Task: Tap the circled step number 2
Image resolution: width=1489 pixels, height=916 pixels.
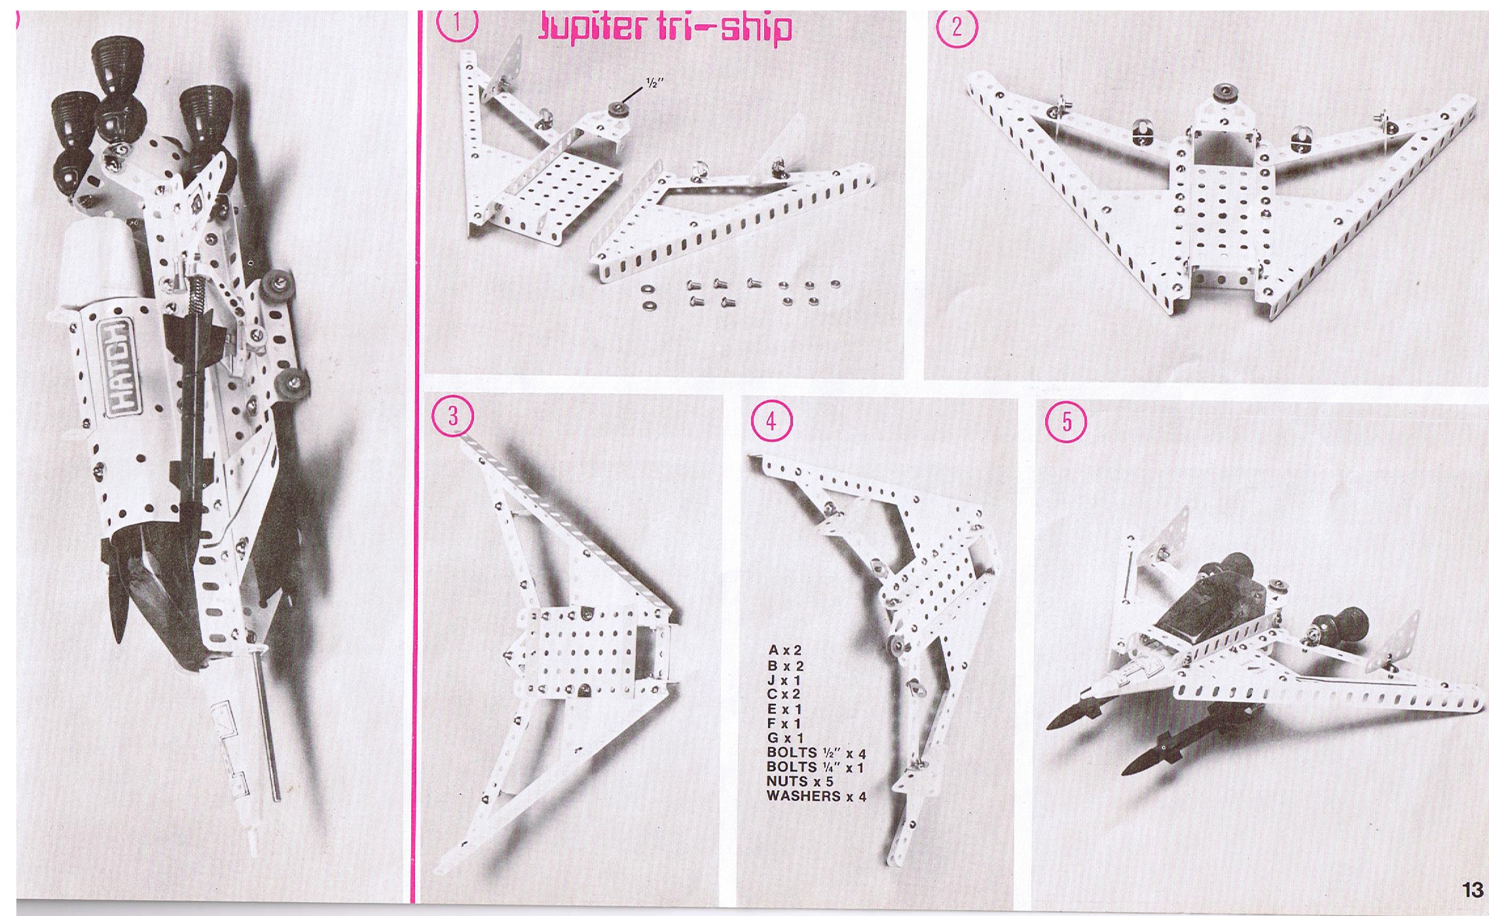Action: [957, 29]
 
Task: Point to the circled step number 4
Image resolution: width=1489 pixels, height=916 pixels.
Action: [771, 421]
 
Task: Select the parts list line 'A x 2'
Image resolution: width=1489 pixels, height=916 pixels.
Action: [784, 651]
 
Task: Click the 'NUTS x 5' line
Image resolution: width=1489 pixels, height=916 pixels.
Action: [800, 781]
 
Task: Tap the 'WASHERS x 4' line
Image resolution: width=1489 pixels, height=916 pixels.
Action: [817, 796]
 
